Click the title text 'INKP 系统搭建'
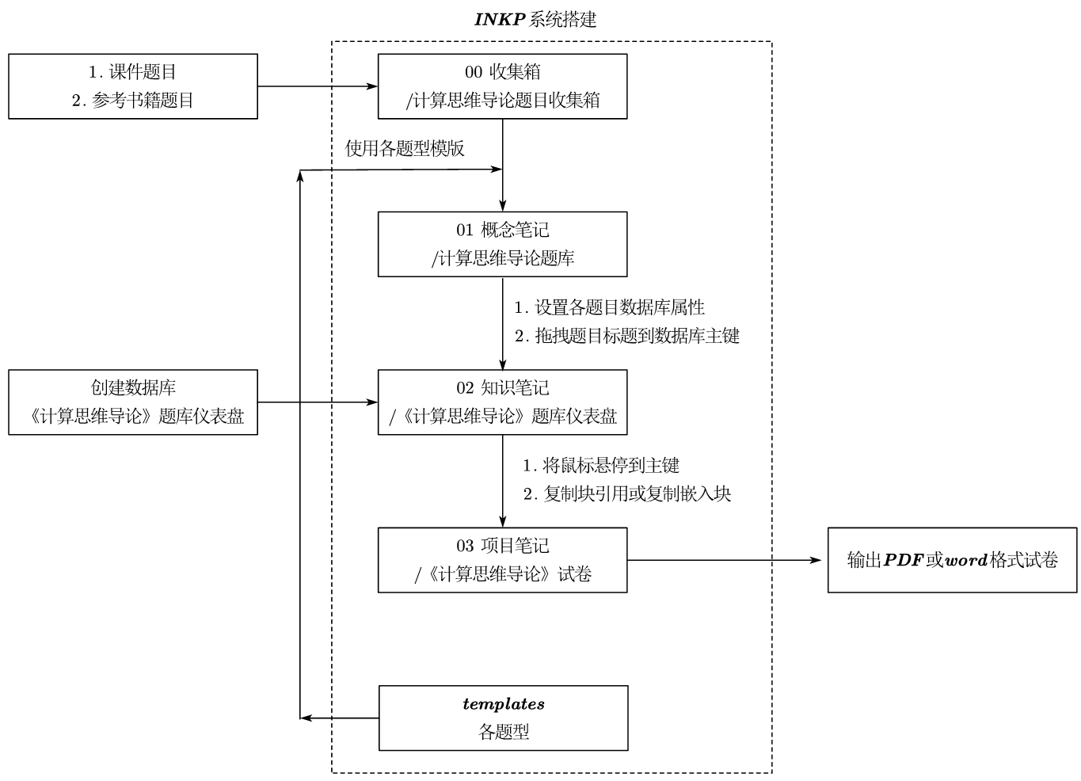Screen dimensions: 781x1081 (x=535, y=20)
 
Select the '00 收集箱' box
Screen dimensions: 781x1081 (x=502, y=86)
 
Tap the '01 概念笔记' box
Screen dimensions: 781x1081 (x=502, y=244)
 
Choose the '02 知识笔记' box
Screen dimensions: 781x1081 (x=502, y=402)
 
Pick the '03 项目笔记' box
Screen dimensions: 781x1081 (x=502, y=560)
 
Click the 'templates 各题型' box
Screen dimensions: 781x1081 (x=503, y=718)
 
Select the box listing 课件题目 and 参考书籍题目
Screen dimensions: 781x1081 (x=133, y=86)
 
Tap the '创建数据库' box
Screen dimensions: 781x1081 (x=133, y=402)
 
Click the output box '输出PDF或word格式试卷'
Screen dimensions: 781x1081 (x=952, y=560)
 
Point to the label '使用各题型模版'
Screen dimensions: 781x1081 (x=405, y=149)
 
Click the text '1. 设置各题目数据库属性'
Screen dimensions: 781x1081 (x=609, y=307)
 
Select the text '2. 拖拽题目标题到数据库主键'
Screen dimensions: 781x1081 (x=626, y=336)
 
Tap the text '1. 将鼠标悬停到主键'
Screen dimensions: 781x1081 (x=600, y=466)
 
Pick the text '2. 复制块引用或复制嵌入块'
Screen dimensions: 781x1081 (x=626, y=494)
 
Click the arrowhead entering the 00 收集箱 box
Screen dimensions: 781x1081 (x=373, y=86)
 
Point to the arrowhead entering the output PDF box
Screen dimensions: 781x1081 (x=817, y=560)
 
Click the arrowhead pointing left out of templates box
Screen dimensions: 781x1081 (x=306, y=718)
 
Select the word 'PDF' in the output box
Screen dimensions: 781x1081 (x=904, y=560)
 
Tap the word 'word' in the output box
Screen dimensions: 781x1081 (x=966, y=560)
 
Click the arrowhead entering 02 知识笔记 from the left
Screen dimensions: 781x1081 (x=373, y=402)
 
